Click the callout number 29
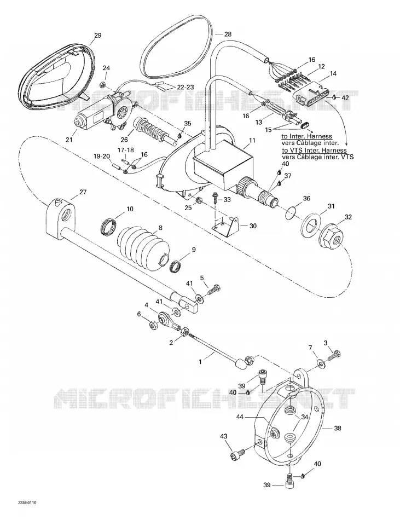click(97, 36)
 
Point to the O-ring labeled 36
click(291, 213)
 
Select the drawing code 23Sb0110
click(23, 502)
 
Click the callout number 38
click(337, 428)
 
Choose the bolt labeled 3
click(334, 356)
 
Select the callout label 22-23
click(185, 87)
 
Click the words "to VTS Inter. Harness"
click(314, 150)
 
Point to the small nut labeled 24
click(103, 84)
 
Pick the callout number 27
click(83, 192)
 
